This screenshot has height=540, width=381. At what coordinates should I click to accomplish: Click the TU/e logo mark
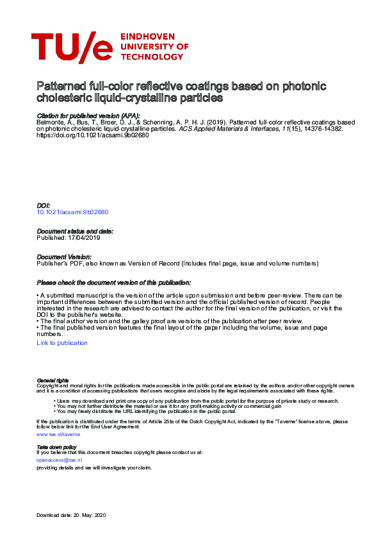click(x=72, y=47)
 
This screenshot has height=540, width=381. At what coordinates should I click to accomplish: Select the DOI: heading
click(x=43, y=206)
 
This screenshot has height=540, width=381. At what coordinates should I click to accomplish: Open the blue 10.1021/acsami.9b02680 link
click(x=72, y=212)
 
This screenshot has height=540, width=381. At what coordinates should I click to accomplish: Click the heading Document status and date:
click(x=75, y=231)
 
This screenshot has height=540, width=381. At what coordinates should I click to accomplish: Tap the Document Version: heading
click(x=63, y=257)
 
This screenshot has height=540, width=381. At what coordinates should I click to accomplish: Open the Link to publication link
click(x=62, y=343)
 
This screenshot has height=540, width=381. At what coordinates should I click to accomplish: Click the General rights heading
click(x=53, y=381)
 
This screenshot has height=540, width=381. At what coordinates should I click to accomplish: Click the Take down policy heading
click(x=56, y=446)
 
